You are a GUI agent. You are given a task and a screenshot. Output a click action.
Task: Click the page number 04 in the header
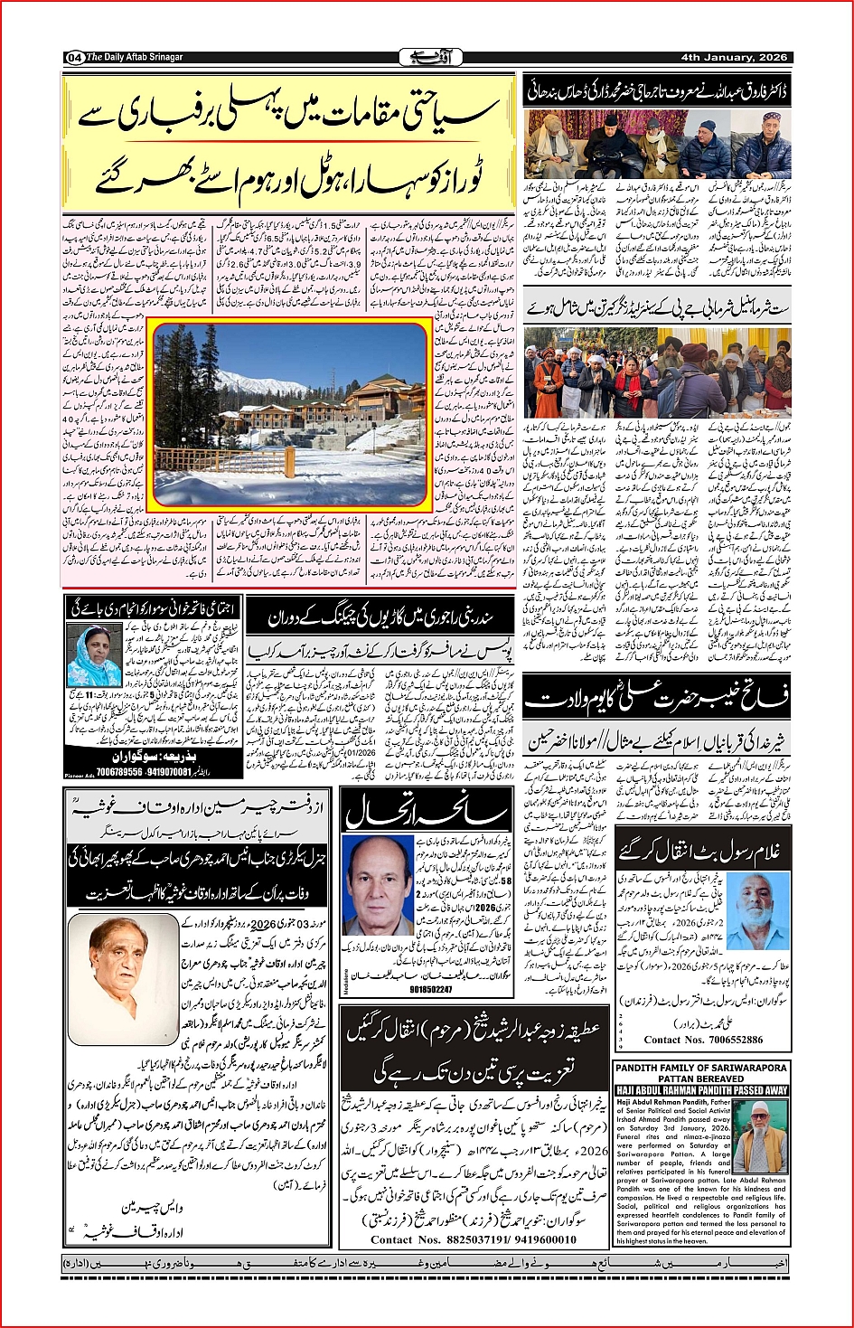[74, 58]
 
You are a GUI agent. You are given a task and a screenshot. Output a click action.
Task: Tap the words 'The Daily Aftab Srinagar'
[135, 58]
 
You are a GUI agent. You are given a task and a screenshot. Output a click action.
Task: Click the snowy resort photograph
[289, 414]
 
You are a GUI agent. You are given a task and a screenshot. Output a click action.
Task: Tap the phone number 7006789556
[119, 772]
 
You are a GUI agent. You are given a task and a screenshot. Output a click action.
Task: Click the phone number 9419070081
[169, 772]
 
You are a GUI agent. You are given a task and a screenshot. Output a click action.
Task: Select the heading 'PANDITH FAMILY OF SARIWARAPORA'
[701, 1068]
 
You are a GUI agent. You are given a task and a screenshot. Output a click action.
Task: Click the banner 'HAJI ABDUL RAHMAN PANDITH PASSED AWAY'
[701, 1090]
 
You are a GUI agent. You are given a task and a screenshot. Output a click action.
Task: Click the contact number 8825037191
[461, 1239]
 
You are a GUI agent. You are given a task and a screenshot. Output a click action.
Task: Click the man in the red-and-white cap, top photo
[769, 142]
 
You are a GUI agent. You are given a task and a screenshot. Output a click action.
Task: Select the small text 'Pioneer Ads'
[79, 776]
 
